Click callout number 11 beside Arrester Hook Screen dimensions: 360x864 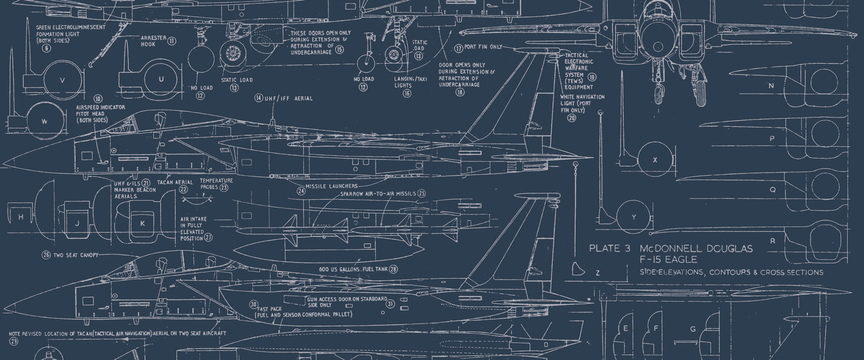tap(172, 41)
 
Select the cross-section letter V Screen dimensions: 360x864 tap(63, 80)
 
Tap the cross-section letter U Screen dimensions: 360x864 tap(161, 80)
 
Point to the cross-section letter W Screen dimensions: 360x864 tap(44, 121)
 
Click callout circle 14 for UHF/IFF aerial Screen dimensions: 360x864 tap(258, 98)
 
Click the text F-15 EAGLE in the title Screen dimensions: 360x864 tap(665, 259)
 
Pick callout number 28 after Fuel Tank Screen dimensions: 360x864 tap(394, 269)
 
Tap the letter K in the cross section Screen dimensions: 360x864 tap(143, 223)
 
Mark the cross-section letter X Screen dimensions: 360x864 tap(655, 160)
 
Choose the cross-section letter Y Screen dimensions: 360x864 tap(634, 217)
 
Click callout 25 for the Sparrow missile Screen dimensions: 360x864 tap(421, 193)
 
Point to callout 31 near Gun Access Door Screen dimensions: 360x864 tap(390, 304)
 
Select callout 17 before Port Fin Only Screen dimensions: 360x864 tap(459, 48)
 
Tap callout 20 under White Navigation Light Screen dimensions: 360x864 tap(571, 118)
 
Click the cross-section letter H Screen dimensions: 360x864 tap(21, 217)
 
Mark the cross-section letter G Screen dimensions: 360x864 tap(693, 329)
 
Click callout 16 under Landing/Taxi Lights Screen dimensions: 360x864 tap(407, 93)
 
